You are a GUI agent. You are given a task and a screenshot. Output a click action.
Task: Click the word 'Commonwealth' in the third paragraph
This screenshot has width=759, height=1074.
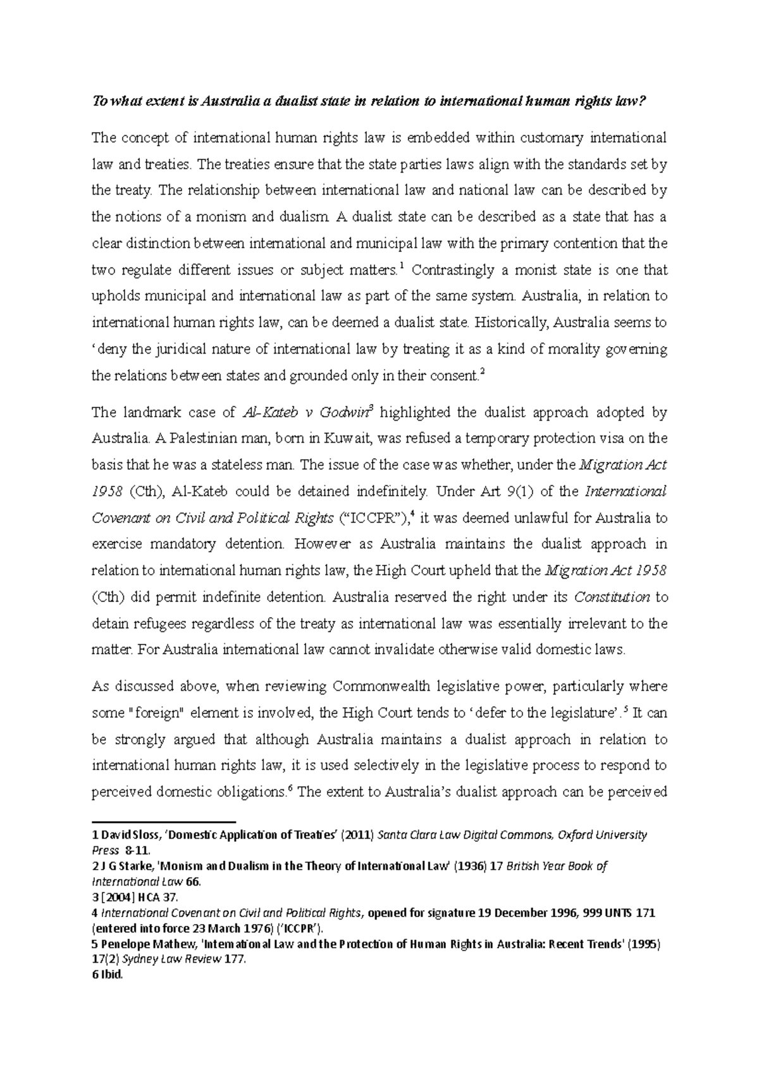[x=385, y=686]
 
